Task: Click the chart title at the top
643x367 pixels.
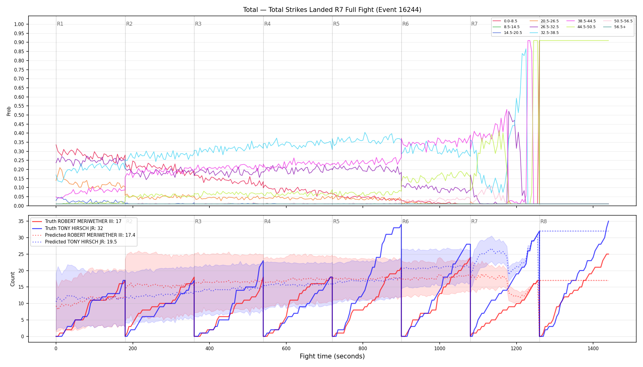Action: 332,10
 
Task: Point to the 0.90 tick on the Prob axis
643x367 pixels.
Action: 19,43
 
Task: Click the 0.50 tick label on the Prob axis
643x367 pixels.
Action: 19,115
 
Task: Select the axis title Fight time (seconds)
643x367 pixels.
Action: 332,356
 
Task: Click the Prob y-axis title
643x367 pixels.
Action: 9,111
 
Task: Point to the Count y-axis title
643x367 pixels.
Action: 13,279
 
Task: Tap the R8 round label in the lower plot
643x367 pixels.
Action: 543,221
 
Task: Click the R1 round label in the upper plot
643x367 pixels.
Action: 60,24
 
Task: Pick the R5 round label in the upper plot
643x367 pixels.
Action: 336,24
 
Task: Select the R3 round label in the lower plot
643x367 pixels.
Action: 198,221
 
